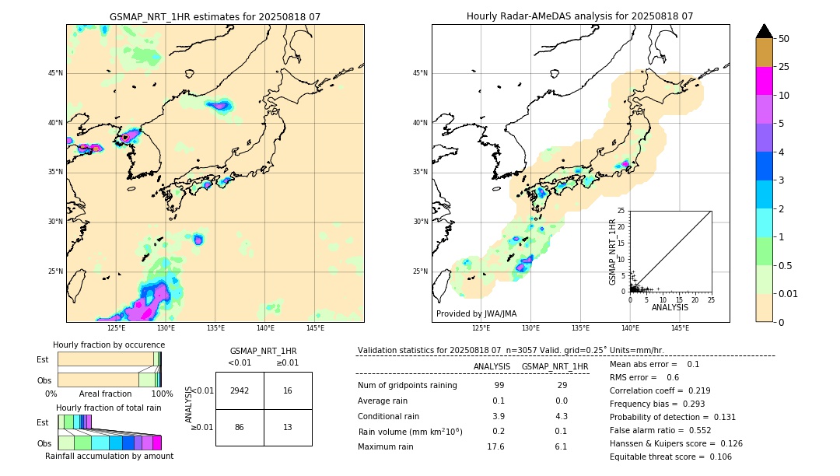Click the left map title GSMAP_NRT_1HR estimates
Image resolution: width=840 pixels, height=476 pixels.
point(215,16)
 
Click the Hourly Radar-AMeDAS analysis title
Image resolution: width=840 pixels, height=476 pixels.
point(579,16)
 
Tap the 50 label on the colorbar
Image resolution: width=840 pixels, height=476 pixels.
point(784,39)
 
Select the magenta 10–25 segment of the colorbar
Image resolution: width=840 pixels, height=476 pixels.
point(764,81)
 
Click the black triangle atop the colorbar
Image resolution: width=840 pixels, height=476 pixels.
point(764,31)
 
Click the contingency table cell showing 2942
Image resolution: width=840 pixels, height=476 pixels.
point(240,390)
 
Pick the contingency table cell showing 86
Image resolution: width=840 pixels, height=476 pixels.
point(240,427)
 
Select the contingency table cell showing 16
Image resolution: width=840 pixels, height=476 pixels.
point(288,390)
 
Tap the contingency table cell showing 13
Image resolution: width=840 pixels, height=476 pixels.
point(288,427)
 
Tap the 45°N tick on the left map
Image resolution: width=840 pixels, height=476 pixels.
point(55,73)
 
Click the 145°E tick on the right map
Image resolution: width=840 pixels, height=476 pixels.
point(680,328)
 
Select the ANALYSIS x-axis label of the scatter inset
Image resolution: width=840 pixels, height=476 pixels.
point(670,307)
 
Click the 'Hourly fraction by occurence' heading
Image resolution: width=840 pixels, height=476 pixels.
point(109,345)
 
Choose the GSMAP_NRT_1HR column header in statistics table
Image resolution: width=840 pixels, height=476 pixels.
point(555,366)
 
